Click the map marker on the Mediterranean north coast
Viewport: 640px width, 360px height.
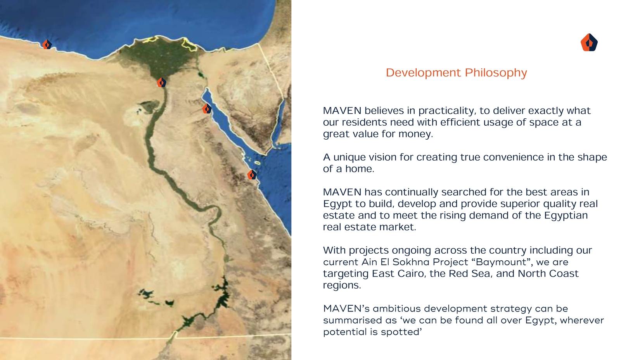coord(47,44)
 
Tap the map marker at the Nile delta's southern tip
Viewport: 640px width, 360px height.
coord(161,82)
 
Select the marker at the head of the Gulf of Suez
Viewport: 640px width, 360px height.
coord(207,109)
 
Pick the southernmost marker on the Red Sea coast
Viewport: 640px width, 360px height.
coord(252,174)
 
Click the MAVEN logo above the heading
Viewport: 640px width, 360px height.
coord(589,42)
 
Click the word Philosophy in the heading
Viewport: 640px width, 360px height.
coord(496,73)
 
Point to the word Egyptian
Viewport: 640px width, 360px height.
coord(566,215)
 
